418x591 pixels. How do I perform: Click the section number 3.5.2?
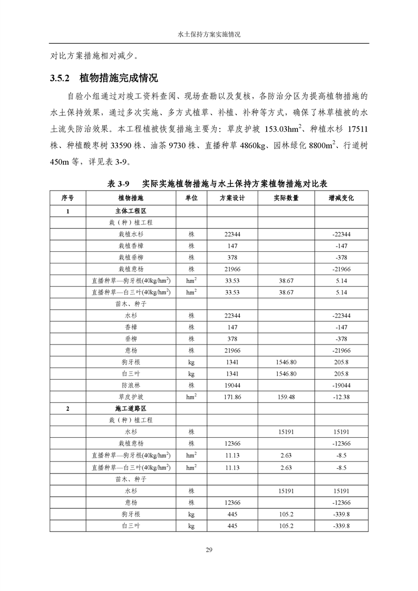tap(60, 78)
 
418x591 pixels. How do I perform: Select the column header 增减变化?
tap(341, 198)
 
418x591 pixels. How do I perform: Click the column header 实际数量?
tap(286, 198)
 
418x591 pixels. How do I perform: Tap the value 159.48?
tap(286, 397)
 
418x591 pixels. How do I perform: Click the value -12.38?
tap(341, 397)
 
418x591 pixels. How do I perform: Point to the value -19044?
tap(341, 385)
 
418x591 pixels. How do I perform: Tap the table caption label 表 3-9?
tap(119, 184)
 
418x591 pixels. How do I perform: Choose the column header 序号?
tap(67, 198)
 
